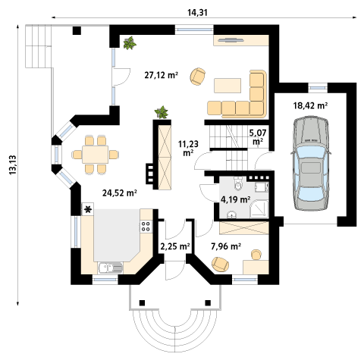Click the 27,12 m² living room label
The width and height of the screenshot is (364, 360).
coord(162,75)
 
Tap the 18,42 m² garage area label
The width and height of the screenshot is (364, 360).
coord(310,105)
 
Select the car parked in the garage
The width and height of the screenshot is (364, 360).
coord(311,163)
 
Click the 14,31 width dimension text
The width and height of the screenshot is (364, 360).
coord(198,12)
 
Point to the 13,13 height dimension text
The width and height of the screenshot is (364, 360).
coord(13,164)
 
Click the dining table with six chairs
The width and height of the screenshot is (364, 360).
coord(96,155)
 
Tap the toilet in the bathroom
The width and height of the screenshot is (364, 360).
coord(238,183)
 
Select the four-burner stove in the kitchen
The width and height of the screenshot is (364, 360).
coord(146,226)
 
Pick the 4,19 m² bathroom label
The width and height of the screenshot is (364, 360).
coord(236,199)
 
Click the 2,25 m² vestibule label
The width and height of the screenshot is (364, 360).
coord(175,246)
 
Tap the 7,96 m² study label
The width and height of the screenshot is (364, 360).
coord(226,246)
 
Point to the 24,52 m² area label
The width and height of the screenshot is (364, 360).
coord(120,193)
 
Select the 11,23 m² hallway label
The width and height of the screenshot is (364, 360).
coord(188,148)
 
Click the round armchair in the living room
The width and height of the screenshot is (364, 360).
coord(198,76)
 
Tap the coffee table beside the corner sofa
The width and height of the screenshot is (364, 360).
coord(227,86)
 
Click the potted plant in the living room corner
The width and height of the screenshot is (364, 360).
coord(130,42)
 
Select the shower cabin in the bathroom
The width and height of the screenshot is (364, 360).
coord(259,209)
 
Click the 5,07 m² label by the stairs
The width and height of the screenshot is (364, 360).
coord(258,136)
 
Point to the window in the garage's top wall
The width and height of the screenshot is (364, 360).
coord(318,88)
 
